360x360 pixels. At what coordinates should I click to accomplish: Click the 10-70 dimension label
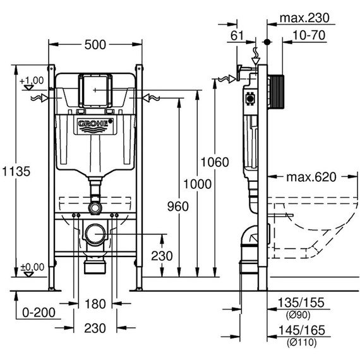pos(309,36)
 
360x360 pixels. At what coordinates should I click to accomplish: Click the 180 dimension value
pos(95,304)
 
